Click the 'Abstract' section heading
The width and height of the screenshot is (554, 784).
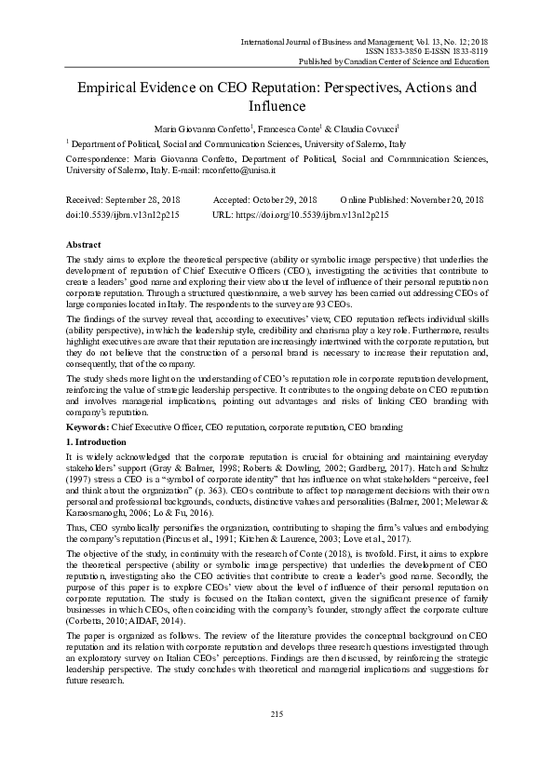click(x=82, y=242)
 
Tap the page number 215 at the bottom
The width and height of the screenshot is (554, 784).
click(x=277, y=713)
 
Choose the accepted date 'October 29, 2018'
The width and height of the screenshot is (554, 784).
click(x=278, y=200)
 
